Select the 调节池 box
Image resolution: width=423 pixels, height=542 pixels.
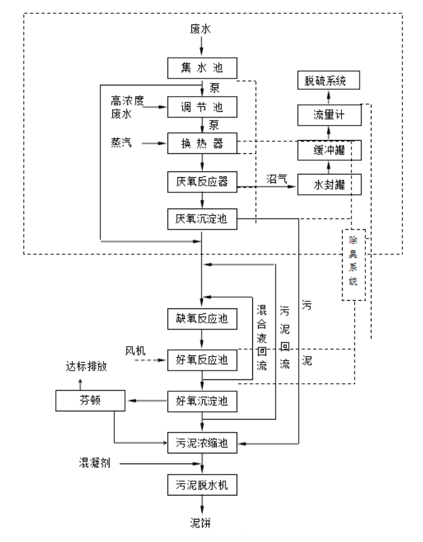[201, 107]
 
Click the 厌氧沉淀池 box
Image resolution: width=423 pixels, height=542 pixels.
[201, 219]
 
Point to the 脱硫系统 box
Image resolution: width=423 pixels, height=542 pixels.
[329, 80]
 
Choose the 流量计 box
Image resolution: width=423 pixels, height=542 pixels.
[329, 115]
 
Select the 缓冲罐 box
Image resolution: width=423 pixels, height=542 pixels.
[329, 150]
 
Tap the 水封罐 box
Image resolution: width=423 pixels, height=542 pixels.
[329, 185]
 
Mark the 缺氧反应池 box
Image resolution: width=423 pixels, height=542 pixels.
[201, 319]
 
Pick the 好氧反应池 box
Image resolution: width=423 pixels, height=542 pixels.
[201, 360]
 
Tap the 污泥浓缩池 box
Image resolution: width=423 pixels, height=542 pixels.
[201, 443]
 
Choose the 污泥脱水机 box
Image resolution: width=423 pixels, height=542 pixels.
[201, 485]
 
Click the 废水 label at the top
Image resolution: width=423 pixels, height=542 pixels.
[201, 29]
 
